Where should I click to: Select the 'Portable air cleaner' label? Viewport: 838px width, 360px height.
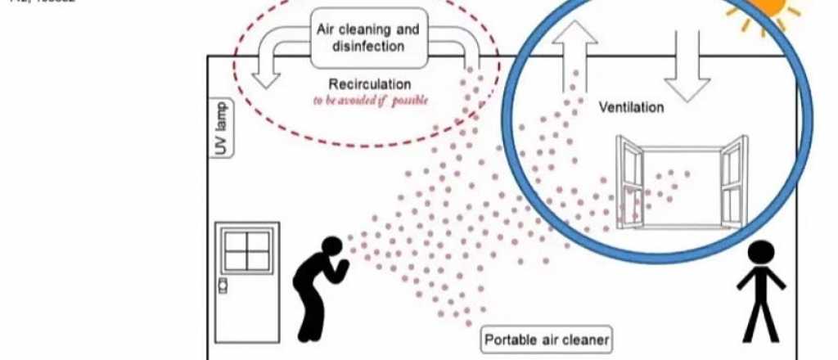click(x=546, y=340)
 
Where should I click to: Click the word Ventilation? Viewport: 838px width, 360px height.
click(x=631, y=107)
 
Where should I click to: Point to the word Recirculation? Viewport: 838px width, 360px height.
click(x=370, y=84)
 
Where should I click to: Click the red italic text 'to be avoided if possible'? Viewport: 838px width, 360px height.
click(x=370, y=101)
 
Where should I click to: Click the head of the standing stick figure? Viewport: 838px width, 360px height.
click(x=762, y=254)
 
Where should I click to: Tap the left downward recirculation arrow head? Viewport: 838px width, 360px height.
click(x=264, y=79)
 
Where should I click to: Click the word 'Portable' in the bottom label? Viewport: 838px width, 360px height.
click(x=511, y=340)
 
